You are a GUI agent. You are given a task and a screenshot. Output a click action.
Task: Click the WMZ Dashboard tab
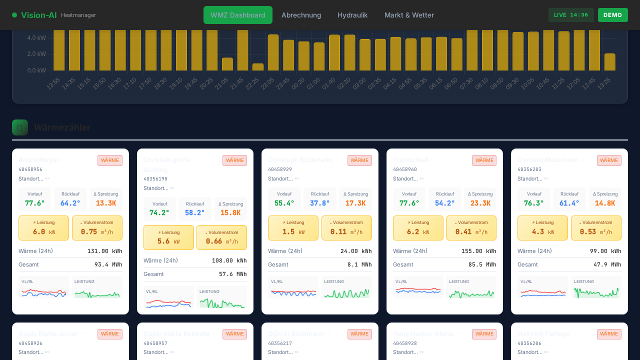point(237,15)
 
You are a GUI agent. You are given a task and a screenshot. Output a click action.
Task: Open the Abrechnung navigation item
point(301,15)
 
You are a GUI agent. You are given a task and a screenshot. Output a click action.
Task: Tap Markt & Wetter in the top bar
point(409,15)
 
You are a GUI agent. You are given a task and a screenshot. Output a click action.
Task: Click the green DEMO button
point(612,15)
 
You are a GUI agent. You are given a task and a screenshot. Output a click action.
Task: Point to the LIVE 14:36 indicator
point(571,15)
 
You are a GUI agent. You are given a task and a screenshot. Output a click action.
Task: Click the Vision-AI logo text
point(38,15)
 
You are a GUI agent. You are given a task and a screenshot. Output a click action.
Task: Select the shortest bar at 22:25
point(258,67)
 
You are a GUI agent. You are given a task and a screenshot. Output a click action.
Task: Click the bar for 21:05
point(227,64)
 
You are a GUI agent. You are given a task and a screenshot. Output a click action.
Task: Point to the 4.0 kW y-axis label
point(36,38)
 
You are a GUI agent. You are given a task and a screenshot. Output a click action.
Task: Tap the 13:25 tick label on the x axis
point(604,83)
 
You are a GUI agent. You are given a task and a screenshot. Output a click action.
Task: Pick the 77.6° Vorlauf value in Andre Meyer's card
point(35,203)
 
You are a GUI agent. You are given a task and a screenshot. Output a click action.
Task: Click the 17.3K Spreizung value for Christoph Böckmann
point(355,203)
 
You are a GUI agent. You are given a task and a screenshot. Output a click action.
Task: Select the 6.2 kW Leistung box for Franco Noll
point(418,228)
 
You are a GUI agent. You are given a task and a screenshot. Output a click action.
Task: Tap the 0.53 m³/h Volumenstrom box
point(596,228)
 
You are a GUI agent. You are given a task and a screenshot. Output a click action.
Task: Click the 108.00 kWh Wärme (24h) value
point(229,260)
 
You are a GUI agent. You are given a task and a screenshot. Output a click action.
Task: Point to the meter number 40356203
point(529,169)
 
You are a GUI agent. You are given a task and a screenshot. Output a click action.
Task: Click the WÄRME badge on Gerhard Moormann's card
point(608,160)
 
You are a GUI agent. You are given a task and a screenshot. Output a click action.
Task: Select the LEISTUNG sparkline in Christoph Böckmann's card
point(346,287)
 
